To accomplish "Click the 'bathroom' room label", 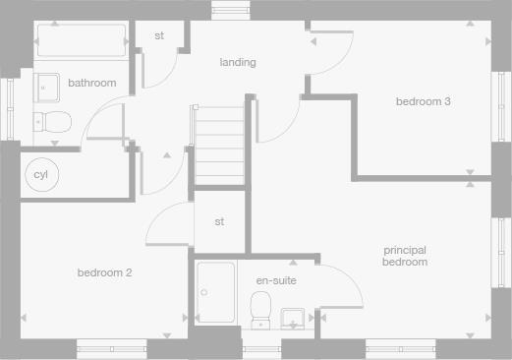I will coord(92,84).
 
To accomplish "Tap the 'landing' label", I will coord(238,62).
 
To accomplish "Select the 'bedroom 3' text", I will coord(424,101).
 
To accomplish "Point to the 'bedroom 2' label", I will coord(104,272).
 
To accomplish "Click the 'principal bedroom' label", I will coord(405,257).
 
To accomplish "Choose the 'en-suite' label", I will coord(276,281).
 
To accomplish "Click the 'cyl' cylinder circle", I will coord(40,175).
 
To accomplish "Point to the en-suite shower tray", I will coord(216,292).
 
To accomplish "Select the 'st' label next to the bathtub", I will coord(159,36).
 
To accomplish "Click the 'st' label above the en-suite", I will coord(219,221).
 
